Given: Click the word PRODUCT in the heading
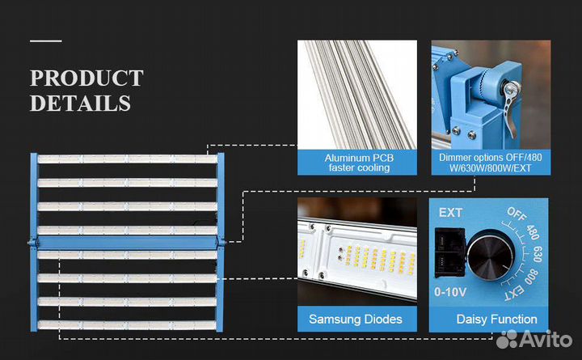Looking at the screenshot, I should click(86, 78).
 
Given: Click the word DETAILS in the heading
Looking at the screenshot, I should click(80, 104).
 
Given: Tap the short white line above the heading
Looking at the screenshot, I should click(46, 40).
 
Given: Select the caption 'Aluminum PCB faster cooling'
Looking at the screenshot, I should click(357, 163).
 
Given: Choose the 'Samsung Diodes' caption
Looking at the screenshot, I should click(356, 319).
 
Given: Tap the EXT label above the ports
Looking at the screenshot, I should click(450, 214).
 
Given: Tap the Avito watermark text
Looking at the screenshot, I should click(541, 340).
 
